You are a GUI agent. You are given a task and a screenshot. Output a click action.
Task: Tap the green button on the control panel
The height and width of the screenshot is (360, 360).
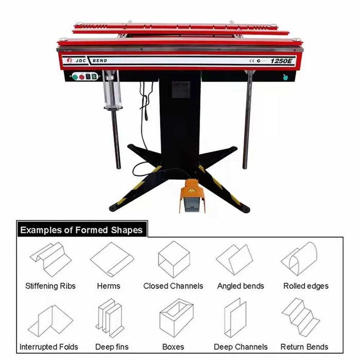75,77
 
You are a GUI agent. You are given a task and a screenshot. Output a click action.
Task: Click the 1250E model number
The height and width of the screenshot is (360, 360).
281,61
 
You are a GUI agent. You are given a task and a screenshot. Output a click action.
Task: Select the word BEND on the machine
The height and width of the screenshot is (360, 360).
100,61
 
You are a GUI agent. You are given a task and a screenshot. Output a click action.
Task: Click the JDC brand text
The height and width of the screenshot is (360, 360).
81,61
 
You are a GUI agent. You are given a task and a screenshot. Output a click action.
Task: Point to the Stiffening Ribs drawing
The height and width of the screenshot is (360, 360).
50,259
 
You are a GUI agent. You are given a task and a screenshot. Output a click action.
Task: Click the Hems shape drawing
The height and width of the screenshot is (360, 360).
112,259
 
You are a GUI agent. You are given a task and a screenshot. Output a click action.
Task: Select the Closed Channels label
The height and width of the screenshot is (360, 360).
173,286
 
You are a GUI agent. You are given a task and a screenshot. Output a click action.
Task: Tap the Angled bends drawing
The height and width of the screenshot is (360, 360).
235,260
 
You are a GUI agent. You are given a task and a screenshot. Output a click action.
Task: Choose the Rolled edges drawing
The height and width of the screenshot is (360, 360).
299,259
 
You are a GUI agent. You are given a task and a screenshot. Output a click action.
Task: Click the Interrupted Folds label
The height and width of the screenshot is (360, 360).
49,347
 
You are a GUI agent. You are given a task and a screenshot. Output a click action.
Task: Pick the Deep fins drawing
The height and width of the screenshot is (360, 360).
110,318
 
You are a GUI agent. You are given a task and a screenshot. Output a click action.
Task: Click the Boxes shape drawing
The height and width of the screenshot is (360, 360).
176,317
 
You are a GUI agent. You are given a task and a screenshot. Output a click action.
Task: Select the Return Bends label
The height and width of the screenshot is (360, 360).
304,347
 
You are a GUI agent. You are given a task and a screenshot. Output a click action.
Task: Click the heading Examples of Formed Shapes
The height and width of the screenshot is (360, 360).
81,230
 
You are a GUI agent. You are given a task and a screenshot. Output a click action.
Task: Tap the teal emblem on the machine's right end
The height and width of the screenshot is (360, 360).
285,77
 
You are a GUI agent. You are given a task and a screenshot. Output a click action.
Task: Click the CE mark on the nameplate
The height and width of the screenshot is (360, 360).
252,61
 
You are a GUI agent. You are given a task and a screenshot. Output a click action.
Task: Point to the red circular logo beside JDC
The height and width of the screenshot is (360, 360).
69,60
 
